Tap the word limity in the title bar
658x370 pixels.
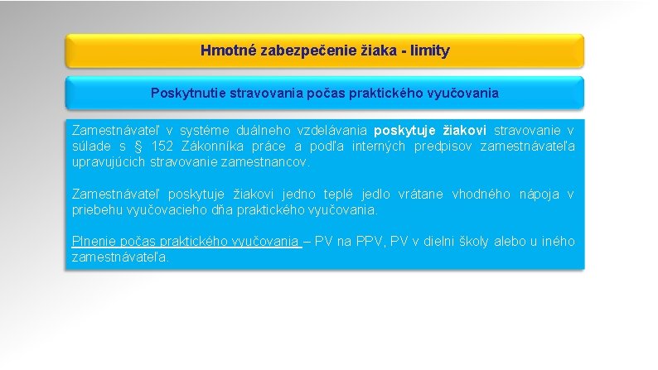point(428,51)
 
